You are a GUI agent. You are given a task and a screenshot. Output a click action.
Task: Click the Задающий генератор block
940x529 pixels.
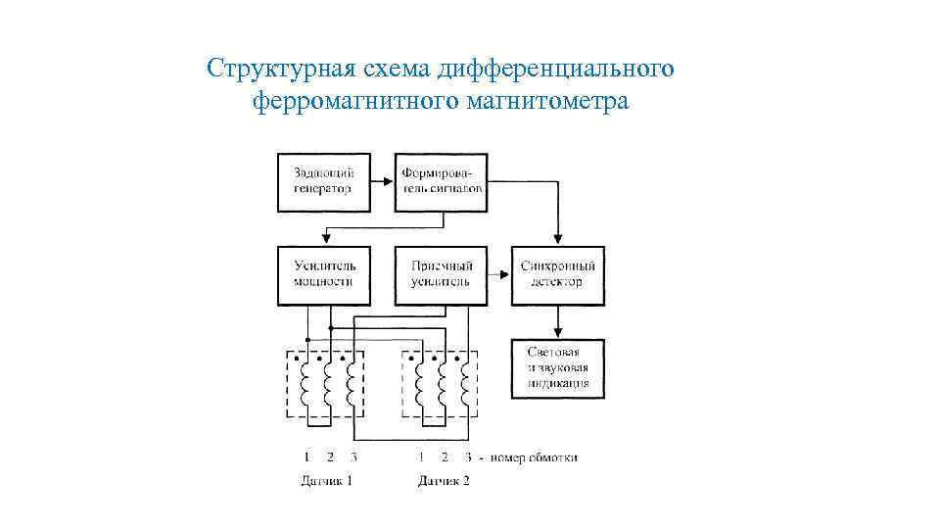coord(323,181)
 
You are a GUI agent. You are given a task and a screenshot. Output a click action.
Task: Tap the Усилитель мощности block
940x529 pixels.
coord(323,274)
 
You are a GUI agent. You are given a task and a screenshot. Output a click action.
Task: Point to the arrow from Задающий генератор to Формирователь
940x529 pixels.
coord(383,181)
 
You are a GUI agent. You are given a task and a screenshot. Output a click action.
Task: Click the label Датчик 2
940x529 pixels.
coord(444,481)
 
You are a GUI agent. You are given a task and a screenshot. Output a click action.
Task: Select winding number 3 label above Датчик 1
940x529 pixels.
coord(352,457)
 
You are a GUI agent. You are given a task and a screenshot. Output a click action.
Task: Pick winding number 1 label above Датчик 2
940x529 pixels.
coord(421,457)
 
